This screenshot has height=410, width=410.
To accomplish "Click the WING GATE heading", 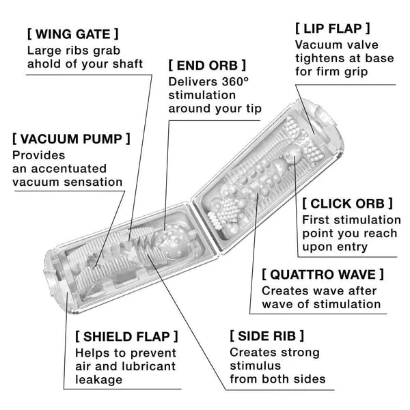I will [x=72, y=33].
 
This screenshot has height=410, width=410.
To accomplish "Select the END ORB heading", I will [x=207, y=66].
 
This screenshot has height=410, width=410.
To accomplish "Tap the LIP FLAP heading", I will [x=333, y=29].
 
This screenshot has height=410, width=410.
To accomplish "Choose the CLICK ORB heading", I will [x=348, y=203].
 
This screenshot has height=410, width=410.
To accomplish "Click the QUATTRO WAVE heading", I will [x=323, y=274].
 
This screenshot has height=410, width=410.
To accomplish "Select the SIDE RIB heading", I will [x=267, y=336].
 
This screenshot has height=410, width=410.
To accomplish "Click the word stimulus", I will [x=254, y=366].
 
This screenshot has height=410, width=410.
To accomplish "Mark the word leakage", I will [x=99, y=381].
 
